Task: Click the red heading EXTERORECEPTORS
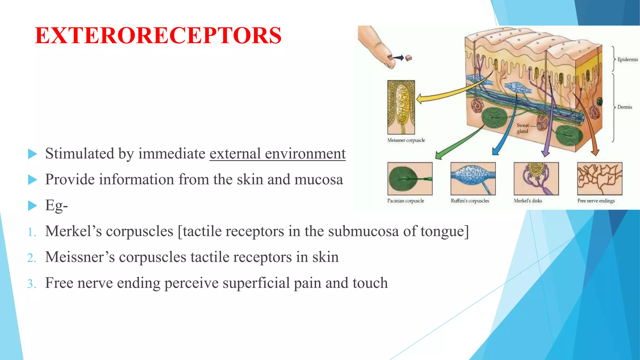coord(158,35)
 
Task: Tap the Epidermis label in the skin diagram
coord(627,59)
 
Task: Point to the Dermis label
coord(624,107)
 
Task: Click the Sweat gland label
coord(522,128)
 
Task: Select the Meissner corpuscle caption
coord(406,140)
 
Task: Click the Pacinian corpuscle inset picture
coord(410,179)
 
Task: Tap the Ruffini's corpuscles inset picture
coord(473,179)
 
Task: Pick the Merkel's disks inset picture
coord(536,179)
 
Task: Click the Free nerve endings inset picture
coord(599,179)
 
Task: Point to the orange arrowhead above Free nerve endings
coord(595,152)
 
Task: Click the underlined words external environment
coord(277,154)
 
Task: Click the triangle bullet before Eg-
coord(32,206)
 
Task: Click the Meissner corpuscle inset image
coord(401,107)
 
